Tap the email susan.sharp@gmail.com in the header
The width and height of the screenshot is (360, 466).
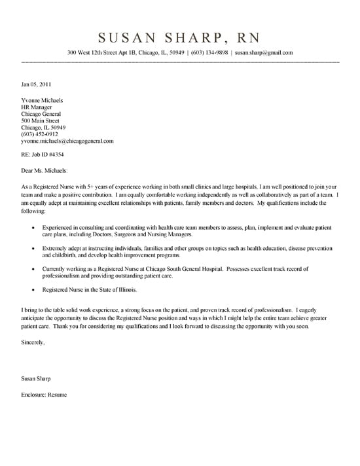click(264, 52)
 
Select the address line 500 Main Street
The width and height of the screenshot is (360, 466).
click(41, 120)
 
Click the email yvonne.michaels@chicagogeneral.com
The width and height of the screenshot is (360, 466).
click(67, 141)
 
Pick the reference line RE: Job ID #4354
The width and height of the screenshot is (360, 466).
click(43, 154)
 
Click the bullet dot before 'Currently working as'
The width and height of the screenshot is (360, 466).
click(33, 269)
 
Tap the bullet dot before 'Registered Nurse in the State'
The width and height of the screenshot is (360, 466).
click(33, 290)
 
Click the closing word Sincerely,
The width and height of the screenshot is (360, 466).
click(33, 342)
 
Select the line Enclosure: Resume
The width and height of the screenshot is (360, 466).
click(44, 395)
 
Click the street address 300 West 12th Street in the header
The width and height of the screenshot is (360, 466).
click(98, 52)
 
